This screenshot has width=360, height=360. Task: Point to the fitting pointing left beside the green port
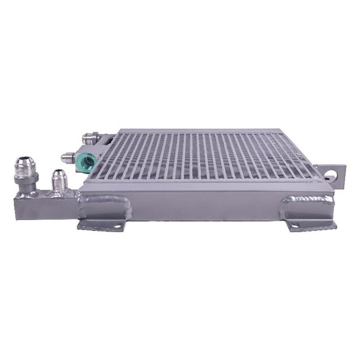[x=68, y=158]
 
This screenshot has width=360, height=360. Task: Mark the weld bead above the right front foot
[x=308, y=200]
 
